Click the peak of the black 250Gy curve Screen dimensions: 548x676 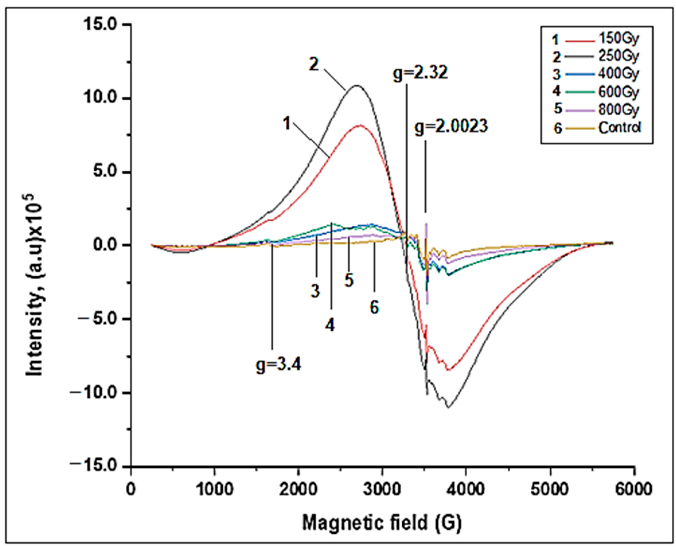357,85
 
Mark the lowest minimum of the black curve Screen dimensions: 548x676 448,407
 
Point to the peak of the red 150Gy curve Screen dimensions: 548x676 360,125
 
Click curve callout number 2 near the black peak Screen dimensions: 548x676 314,65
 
